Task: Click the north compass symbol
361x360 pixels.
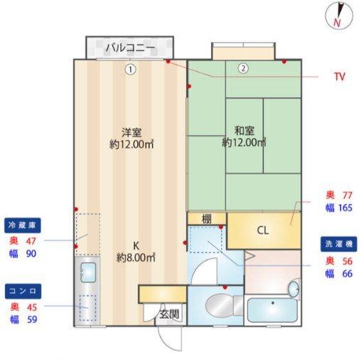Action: (x=338, y=15)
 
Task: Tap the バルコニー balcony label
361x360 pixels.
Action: (x=129, y=48)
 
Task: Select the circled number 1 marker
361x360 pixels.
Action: (x=129, y=69)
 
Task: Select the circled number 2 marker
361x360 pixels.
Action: (x=243, y=69)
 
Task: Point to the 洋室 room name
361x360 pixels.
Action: (x=131, y=132)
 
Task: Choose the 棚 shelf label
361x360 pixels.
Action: (x=207, y=219)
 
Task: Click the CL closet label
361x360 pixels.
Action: (x=262, y=230)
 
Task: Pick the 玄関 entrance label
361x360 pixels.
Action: (x=168, y=313)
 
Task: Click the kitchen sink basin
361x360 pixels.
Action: (x=88, y=271)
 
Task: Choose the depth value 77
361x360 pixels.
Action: (x=347, y=195)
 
